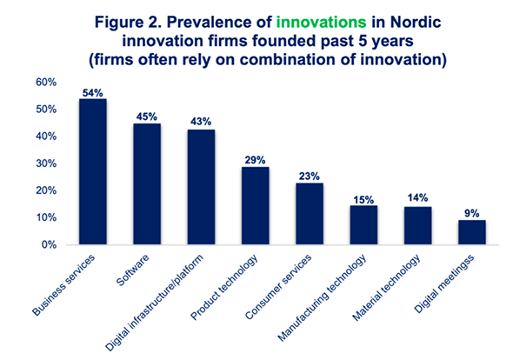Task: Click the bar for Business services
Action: tap(93, 171)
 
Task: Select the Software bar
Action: tap(147, 184)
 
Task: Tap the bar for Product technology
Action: tap(255, 205)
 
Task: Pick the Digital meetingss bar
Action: tap(472, 232)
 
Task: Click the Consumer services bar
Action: tap(310, 214)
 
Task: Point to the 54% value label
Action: tap(92, 93)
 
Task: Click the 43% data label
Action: tap(201, 122)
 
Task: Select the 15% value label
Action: tap(363, 200)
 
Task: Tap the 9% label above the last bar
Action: tap(472, 214)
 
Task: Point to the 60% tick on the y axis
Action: tap(46, 83)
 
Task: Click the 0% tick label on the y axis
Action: tap(49, 245)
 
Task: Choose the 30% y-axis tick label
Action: tap(46, 163)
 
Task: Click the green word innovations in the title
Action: tap(322, 23)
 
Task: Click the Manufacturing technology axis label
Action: tap(323, 297)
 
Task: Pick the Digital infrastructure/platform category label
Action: tap(155, 303)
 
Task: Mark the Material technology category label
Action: tap(386, 287)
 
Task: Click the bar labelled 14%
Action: tap(418, 225)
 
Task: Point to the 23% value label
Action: tap(310, 177)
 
